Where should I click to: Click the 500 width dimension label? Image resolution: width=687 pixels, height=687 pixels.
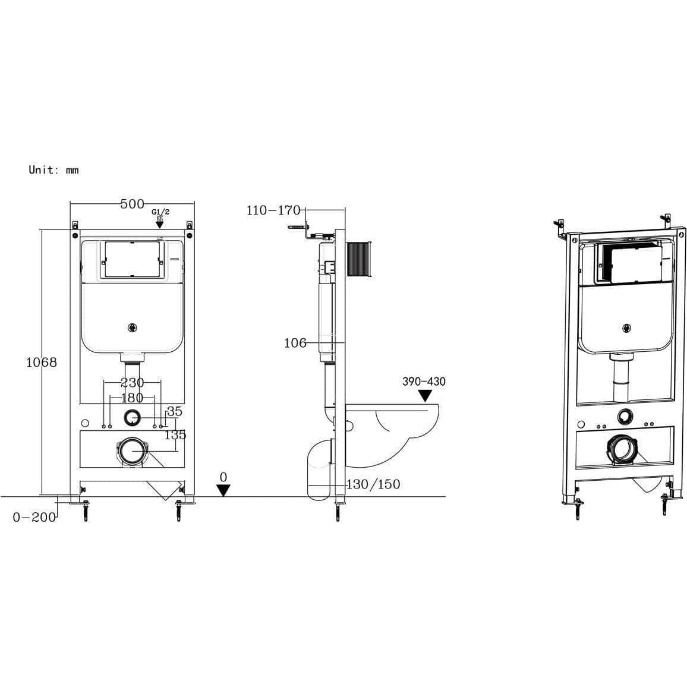pyautogui.click(x=132, y=204)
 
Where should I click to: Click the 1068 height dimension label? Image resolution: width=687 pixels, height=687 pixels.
pyautogui.click(x=42, y=362)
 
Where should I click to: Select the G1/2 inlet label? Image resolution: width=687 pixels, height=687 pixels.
pyautogui.click(x=160, y=212)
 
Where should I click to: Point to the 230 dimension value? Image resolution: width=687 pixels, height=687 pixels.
pyautogui.click(x=132, y=383)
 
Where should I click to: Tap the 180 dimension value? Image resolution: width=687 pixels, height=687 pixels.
pyautogui.click(x=132, y=398)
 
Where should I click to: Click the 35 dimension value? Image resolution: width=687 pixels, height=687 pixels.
pyautogui.click(x=174, y=411)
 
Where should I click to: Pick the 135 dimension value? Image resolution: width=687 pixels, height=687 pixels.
pyautogui.click(x=175, y=434)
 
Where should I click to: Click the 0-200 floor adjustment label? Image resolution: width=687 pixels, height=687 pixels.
pyautogui.click(x=34, y=517)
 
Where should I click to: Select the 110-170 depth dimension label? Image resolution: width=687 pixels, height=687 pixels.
pyautogui.click(x=274, y=210)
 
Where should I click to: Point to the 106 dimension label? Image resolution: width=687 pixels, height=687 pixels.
pyautogui.click(x=295, y=343)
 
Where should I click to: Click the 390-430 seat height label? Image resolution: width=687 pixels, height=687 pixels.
pyautogui.click(x=424, y=382)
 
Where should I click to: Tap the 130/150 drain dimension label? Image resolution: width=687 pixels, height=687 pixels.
pyautogui.click(x=373, y=484)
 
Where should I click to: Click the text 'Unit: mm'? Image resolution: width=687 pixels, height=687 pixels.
pyautogui.click(x=53, y=170)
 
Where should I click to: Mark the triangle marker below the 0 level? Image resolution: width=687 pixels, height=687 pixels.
pyautogui.click(x=223, y=491)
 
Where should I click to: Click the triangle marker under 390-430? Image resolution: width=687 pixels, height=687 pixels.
pyautogui.click(x=426, y=396)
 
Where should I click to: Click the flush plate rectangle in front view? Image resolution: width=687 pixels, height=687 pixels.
pyautogui.click(x=132, y=260)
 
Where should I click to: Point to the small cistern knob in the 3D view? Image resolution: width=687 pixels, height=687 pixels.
pyautogui.click(x=626, y=327)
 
